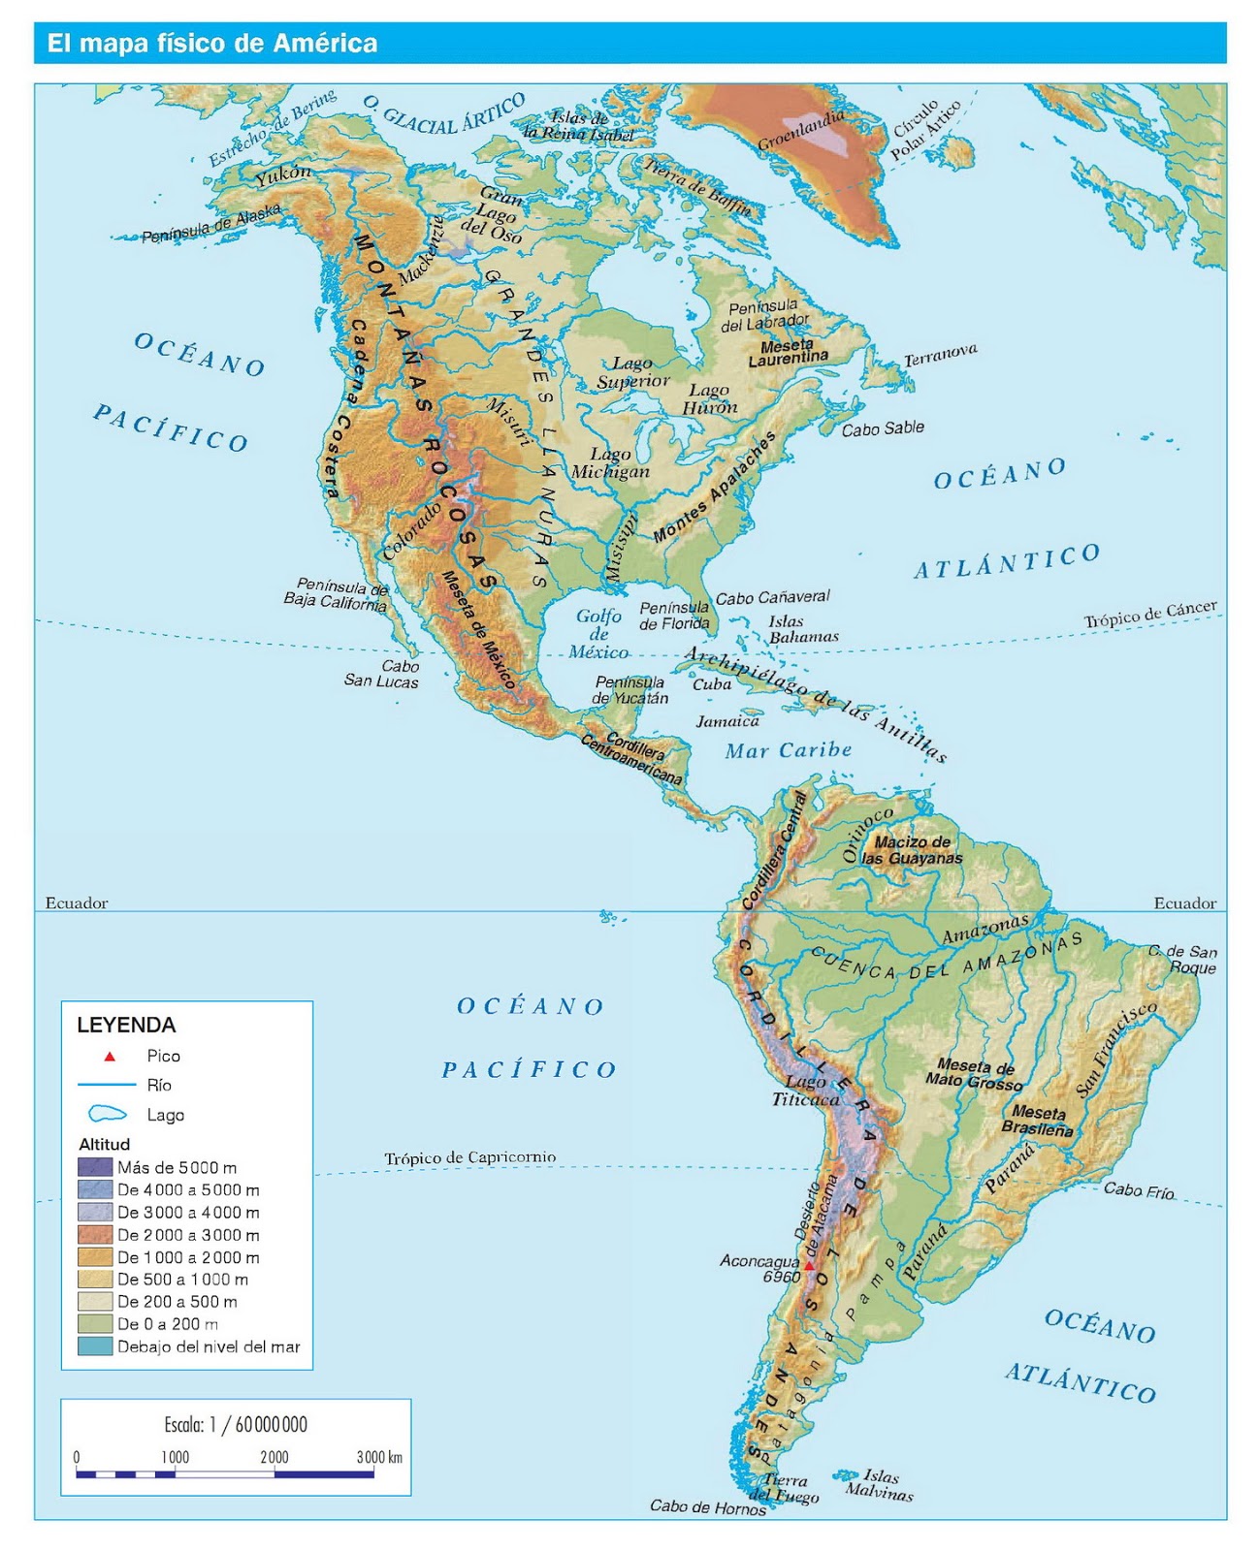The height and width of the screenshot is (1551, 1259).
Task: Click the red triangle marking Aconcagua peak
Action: pyautogui.click(x=809, y=1265)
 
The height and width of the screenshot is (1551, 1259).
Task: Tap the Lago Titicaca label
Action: pyautogui.click(x=806, y=1091)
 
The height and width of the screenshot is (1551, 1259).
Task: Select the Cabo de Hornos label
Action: pyautogui.click(x=707, y=1506)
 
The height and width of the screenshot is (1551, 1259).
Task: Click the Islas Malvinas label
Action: pyautogui.click(x=880, y=1484)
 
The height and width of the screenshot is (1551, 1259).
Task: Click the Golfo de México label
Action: pyautogui.click(x=598, y=634)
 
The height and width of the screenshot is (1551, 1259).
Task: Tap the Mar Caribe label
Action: pyautogui.click(x=789, y=750)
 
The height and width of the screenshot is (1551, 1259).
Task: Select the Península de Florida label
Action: pyautogui.click(x=674, y=616)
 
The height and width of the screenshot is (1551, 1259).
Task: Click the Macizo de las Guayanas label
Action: pyautogui.click(x=912, y=850)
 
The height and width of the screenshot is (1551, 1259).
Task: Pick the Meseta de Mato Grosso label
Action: pyautogui.click(x=973, y=1074)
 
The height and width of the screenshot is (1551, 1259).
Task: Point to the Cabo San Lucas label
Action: pyautogui.click(x=382, y=674)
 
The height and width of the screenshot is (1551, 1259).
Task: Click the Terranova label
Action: pyautogui.click(x=940, y=355)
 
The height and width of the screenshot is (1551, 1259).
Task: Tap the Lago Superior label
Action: pyautogui.click(x=632, y=372)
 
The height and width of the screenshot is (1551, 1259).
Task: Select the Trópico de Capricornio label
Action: pyautogui.click(x=470, y=1157)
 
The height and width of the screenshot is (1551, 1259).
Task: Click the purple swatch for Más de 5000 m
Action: pyautogui.click(x=95, y=1167)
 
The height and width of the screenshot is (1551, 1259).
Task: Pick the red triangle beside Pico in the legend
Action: pyautogui.click(x=110, y=1057)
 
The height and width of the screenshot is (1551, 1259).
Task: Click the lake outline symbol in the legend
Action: pyautogui.click(x=107, y=1115)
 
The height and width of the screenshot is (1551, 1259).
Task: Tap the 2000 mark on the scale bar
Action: pyautogui.click(x=274, y=1457)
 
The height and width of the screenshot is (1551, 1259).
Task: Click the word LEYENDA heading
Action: pyautogui.click(x=126, y=1026)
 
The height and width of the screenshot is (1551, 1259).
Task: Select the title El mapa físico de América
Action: pyautogui.click(x=212, y=44)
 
